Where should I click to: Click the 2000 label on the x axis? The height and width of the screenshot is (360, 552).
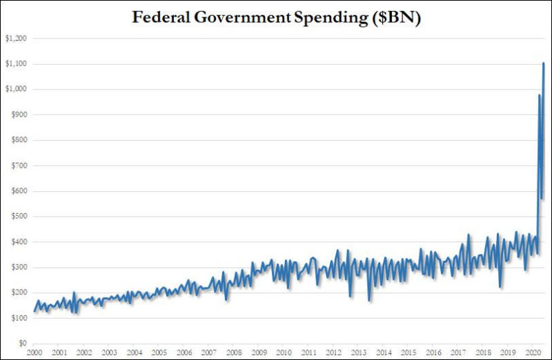(34, 352)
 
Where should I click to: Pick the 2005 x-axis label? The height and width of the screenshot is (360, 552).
(159, 352)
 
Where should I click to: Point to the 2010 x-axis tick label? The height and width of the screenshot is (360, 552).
(283, 352)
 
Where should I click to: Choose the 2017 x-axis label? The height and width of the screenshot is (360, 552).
(457, 352)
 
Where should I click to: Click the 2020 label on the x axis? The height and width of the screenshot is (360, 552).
(532, 352)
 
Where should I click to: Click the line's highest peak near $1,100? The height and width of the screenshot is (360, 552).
(544, 63)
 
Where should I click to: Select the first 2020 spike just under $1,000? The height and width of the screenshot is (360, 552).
(539, 95)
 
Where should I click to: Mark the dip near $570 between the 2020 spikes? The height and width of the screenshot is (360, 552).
(542, 199)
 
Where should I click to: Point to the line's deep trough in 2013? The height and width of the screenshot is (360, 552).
(370, 300)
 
